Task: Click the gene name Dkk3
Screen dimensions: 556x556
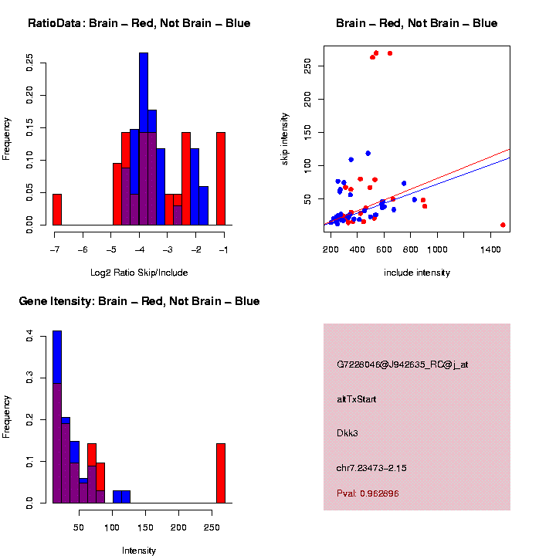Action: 347,432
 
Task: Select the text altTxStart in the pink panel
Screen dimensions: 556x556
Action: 357,399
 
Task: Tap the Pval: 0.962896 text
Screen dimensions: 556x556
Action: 368,493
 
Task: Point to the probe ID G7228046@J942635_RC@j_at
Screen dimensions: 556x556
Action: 402,364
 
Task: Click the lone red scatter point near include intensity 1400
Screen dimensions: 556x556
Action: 503,225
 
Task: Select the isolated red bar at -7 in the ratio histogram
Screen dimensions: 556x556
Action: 57,209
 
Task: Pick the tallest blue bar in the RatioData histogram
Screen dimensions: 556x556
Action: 144,139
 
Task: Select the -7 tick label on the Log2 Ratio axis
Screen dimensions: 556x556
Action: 54,250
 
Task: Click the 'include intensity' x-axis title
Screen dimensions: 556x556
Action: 416,273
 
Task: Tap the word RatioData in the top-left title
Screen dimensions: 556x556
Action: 56,23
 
